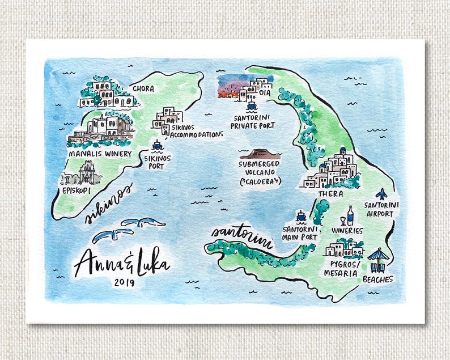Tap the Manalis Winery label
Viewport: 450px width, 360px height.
(x=100, y=154)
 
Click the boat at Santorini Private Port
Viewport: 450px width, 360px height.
(x=251, y=105)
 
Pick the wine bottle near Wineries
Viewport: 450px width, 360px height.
(x=350, y=215)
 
